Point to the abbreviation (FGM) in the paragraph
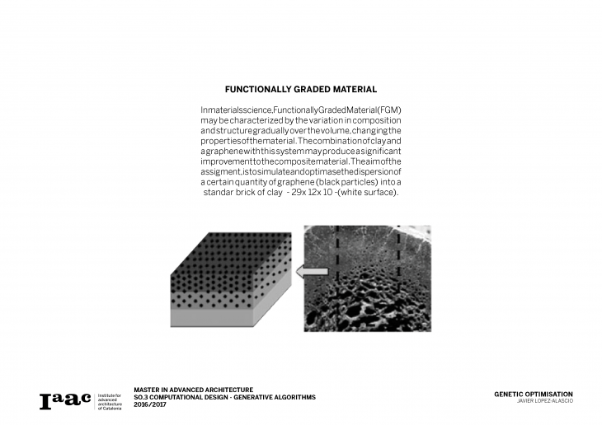[x=388, y=110]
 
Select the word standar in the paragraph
[x=220, y=192]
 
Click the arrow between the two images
[x=313, y=271]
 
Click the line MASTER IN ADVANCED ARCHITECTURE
[x=193, y=389]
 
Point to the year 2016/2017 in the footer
[x=149, y=404]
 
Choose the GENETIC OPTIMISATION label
[x=533, y=394]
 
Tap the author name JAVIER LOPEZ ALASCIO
[x=544, y=401]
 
